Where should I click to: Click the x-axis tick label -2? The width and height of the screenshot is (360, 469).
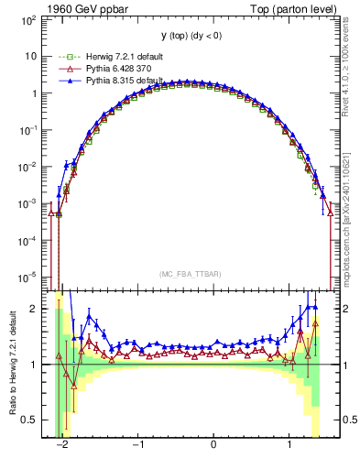click(x=62, y=445)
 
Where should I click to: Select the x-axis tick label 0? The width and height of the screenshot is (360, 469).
click(x=213, y=445)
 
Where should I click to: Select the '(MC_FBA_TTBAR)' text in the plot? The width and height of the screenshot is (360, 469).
click(x=188, y=274)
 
